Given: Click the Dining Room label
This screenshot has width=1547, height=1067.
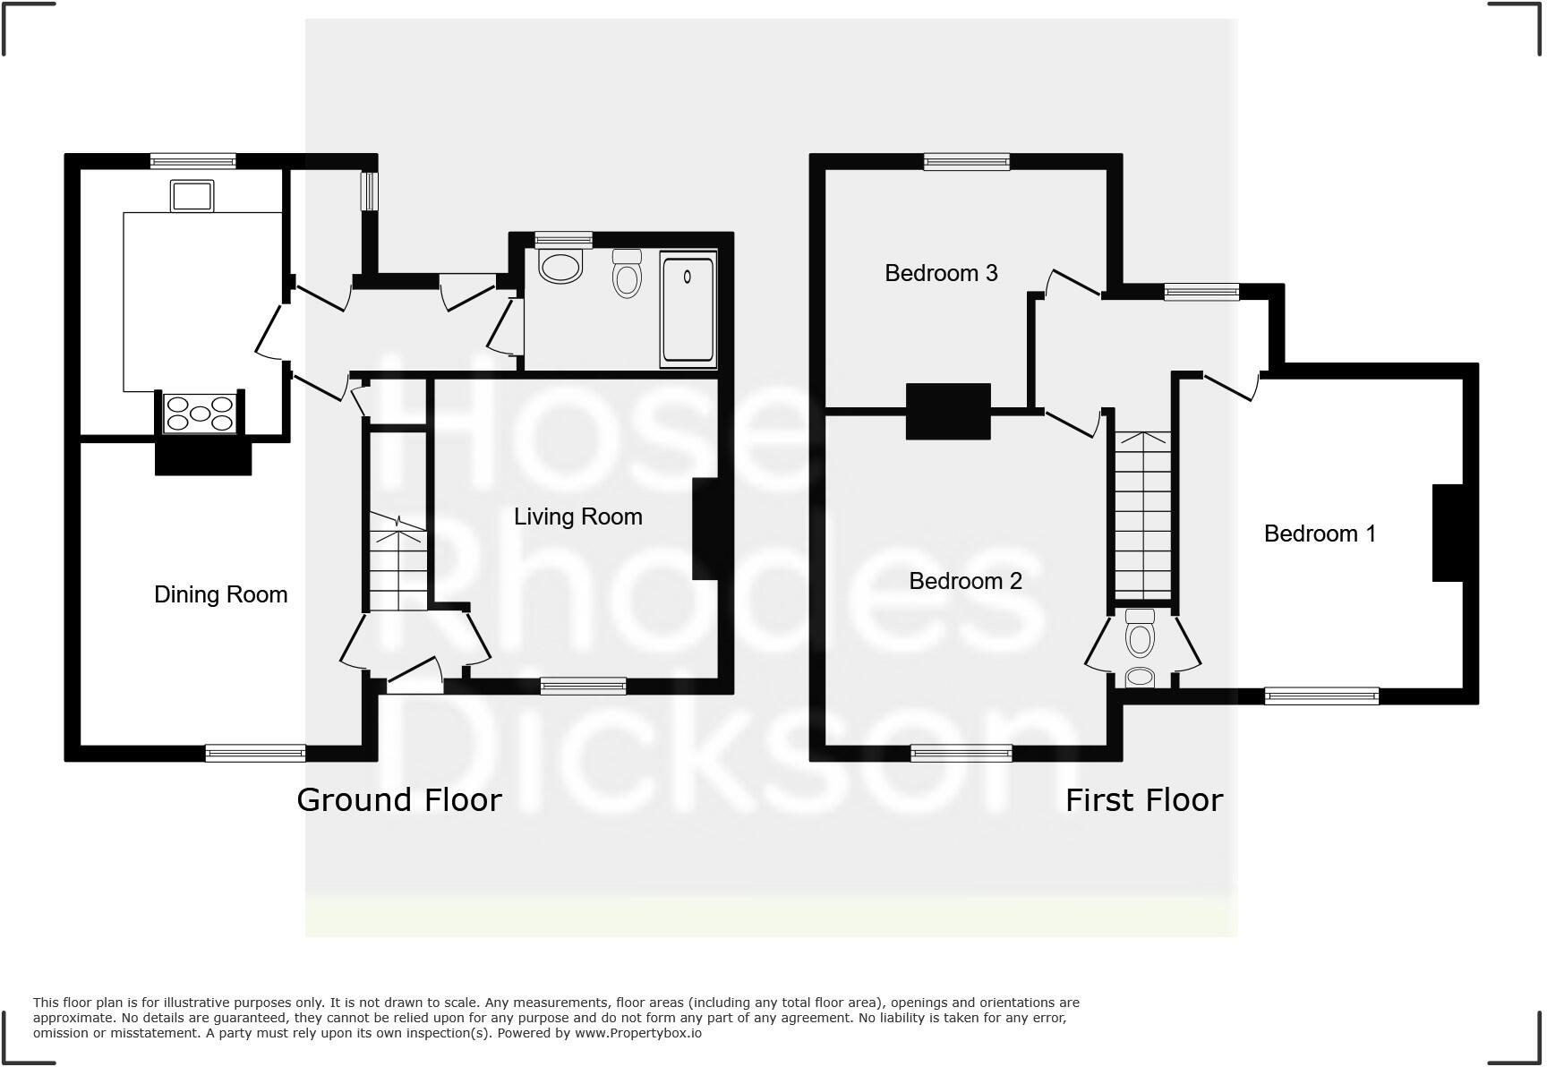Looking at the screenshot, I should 220,594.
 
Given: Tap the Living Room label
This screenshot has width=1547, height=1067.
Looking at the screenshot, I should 577,516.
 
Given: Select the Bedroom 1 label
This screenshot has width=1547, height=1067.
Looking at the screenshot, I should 1320,533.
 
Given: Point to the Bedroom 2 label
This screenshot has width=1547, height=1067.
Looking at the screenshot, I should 965,581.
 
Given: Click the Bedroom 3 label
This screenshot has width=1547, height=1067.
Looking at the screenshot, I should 941,273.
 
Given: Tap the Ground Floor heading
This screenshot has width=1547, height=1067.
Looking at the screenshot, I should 399,799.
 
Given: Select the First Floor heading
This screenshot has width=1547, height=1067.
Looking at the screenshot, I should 1143,799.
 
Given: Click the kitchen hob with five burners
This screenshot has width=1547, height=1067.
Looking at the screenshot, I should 200,414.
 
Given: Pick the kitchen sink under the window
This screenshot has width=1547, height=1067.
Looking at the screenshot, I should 192,196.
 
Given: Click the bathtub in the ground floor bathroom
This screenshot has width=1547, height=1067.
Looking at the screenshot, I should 688,309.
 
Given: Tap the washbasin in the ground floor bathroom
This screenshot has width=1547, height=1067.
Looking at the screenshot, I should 561,267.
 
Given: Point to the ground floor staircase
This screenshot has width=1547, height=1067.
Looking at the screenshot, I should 397,559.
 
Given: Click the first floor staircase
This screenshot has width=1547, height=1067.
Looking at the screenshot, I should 1142,515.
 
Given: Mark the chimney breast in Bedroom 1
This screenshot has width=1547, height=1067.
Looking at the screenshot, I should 1448,533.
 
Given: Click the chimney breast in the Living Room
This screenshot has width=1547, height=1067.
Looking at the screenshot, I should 705,529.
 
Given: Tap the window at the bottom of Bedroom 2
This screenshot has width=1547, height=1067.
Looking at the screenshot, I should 962,754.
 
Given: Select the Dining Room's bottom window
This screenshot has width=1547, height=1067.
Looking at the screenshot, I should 255,754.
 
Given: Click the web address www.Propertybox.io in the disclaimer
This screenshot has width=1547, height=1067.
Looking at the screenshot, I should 638,1033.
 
